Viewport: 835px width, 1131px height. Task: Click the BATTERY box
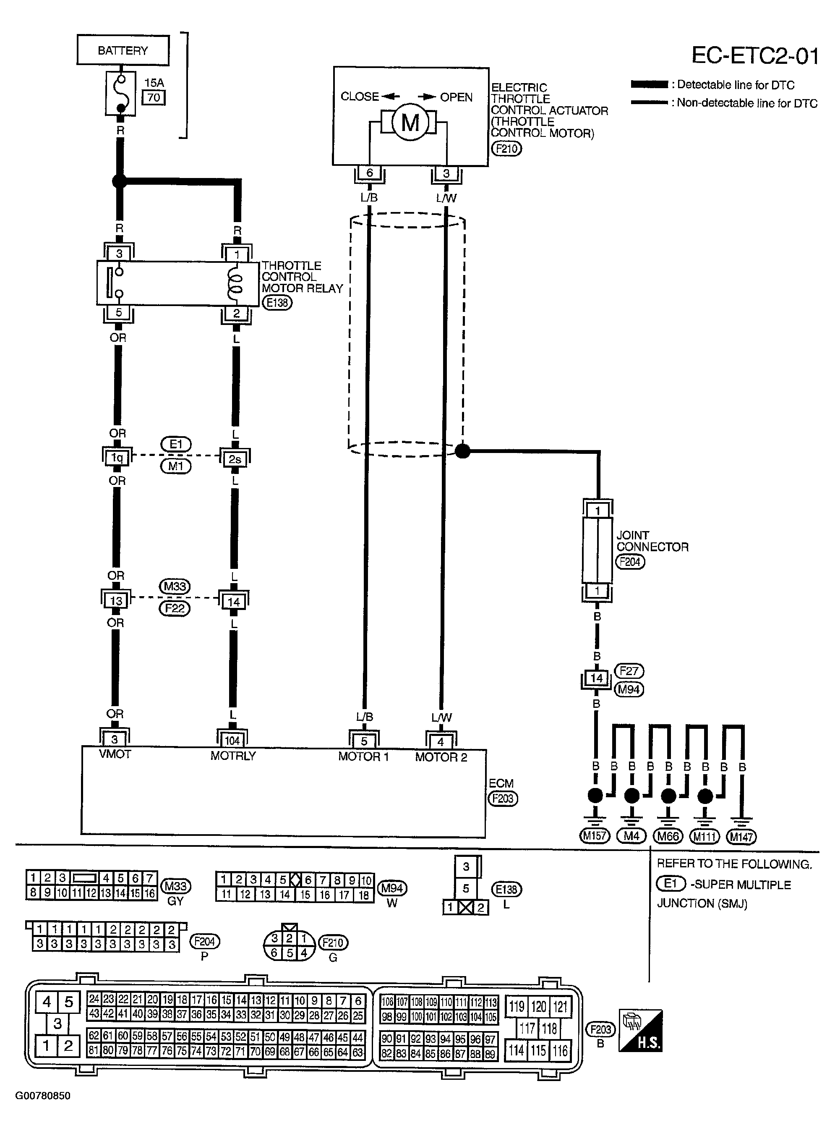click(x=123, y=50)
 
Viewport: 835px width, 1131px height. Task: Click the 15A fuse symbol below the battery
click(x=121, y=93)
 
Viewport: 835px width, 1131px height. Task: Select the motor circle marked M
click(x=410, y=122)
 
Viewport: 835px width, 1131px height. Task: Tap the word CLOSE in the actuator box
click(x=359, y=96)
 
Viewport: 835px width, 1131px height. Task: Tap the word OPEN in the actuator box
click(x=457, y=97)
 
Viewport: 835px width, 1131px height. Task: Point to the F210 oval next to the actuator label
click(x=506, y=149)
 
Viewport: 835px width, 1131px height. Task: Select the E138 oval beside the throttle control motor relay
click(x=277, y=302)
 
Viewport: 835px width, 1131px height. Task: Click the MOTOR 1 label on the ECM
click(x=363, y=757)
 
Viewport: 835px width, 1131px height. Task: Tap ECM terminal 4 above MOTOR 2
click(x=441, y=742)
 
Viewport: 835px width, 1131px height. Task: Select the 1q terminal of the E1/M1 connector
click(x=117, y=458)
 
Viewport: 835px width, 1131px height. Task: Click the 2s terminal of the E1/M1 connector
click(x=235, y=458)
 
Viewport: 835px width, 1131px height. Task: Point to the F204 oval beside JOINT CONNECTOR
click(x=630, y=562)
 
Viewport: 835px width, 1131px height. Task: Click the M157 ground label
click(x=595, y=836)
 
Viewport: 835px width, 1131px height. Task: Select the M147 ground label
click(x=741, y=837)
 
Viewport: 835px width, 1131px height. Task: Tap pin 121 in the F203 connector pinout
click(x=561, y=1007)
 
